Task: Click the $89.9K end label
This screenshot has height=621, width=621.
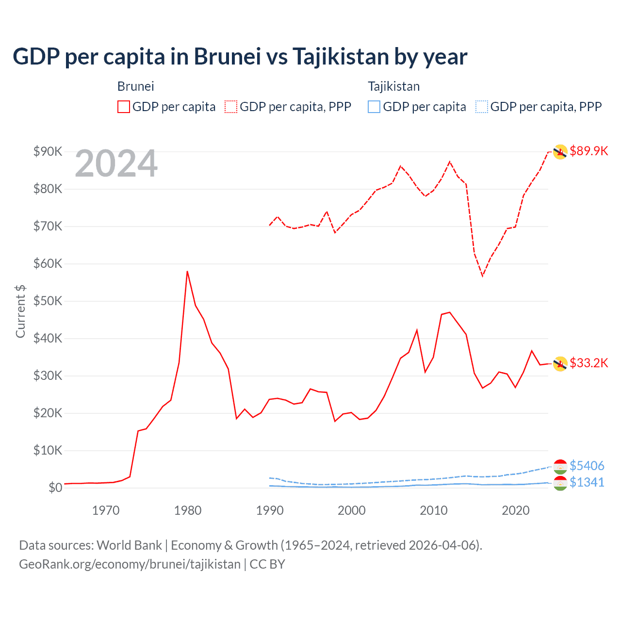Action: pos(588,151)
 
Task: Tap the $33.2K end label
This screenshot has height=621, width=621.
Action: pos(588,363)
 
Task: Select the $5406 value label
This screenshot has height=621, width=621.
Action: pos(587,466)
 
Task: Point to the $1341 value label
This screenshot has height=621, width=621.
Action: pos(587,482)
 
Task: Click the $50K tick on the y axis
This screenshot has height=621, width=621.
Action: pos(48,301)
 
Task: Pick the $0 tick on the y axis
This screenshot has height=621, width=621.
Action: pos(55,488)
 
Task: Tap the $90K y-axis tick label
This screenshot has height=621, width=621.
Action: pos(48,151)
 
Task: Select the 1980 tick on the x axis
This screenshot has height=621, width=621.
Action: pos(188,510)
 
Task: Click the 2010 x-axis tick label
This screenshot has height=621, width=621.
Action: pos(433,510)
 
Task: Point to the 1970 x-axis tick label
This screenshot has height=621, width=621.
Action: pos(106,510)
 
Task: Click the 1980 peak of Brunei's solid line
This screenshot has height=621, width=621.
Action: pos(187,272)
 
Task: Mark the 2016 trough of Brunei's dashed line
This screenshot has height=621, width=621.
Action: pos(482,276)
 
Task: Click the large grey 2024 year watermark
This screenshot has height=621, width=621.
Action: pos(116,163)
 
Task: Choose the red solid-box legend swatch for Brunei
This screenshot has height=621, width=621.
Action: pos(124,107)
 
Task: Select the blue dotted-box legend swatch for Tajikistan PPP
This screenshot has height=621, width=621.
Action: pos(482,107)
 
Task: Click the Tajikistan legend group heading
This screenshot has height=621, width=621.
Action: pos(393,86)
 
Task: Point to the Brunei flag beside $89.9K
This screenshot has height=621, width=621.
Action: pos(560,152)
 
